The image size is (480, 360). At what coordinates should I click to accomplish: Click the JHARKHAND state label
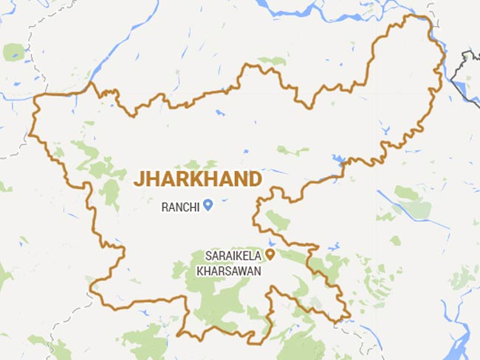(196, 179)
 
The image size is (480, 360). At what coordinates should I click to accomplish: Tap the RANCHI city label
(180, 207)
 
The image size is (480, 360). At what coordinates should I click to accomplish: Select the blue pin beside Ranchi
(208, 206)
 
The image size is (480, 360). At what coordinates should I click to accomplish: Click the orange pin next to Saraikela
(270, 255)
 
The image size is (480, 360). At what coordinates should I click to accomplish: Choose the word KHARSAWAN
(228, 270)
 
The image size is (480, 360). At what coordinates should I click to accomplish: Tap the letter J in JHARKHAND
(137, 179)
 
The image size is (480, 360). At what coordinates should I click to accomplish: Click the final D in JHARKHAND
(255, 179)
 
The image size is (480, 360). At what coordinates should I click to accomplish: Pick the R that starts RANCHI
(164, 207)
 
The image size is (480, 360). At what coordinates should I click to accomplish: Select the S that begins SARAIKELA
(207, 257)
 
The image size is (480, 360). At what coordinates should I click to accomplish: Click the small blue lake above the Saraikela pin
(272, 241)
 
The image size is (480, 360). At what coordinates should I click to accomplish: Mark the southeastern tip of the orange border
(348, 319)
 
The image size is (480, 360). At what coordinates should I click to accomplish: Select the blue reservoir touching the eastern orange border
(339, 159)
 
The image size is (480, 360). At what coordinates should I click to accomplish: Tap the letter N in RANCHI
(179, 207)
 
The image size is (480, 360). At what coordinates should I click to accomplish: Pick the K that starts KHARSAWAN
(199, 270)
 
